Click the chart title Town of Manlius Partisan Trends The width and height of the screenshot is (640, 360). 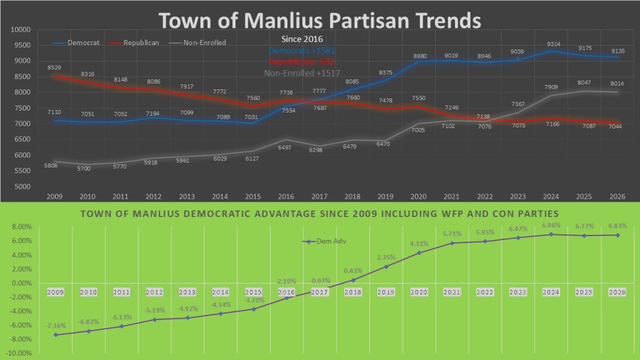pos(319,20)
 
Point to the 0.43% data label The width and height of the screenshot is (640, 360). pos(354,271)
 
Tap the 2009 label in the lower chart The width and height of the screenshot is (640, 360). pos(56,291)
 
